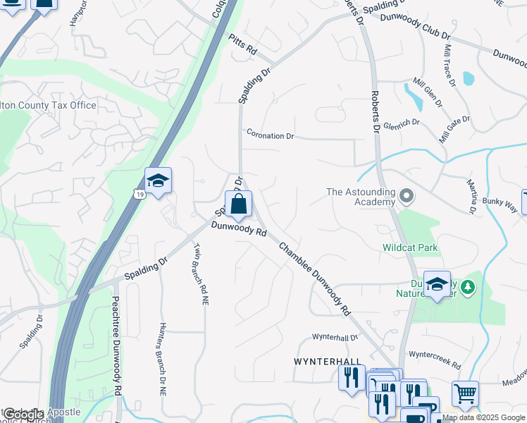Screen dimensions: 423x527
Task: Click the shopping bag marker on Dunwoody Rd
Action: click(238, 205)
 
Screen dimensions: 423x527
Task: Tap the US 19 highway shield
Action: click(142, 194)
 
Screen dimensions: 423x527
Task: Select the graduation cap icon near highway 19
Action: click(159, 181)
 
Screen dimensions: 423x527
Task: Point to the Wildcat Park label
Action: click(410, 247)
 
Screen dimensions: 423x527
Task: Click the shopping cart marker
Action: click(465, 393)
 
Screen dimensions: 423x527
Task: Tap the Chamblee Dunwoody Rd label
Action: click(314, 278)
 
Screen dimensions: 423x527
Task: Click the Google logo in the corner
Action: click(24, 415)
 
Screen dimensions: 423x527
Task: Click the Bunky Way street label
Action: click(500, 205)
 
